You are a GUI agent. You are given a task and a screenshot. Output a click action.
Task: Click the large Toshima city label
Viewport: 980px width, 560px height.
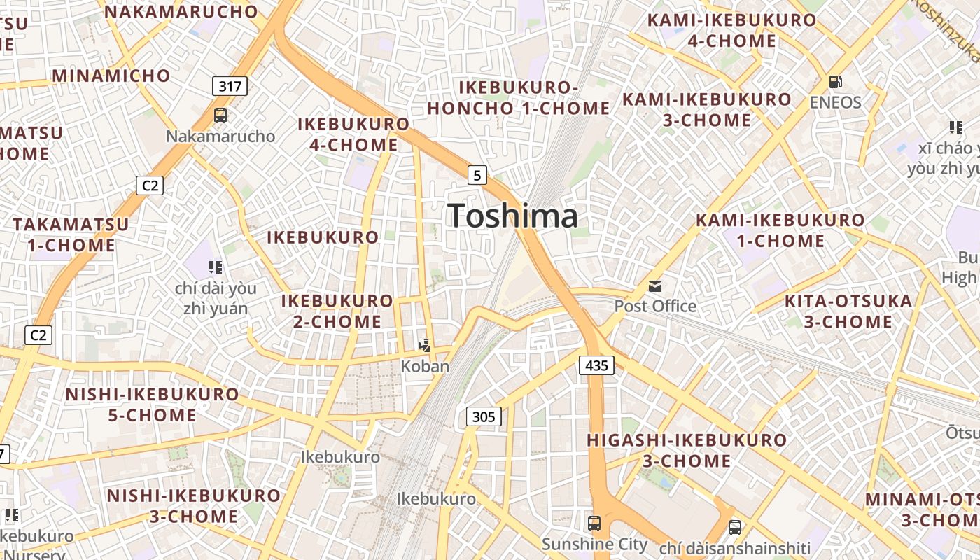click(x=513, y=216)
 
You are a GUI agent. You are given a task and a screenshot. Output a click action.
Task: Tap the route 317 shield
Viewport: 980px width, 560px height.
click(x=230, y=86)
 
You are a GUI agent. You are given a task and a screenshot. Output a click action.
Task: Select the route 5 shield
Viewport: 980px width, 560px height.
click(x=477, y=174)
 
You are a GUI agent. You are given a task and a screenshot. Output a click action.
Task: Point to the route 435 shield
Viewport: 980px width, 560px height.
click(x=596, y=365)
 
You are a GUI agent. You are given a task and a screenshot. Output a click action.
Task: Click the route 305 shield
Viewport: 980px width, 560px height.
click(x=483, y=417)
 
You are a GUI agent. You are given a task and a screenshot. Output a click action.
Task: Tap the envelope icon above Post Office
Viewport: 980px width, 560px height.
click(x=655, y=286)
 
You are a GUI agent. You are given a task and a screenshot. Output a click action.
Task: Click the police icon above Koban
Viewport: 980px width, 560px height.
click(x=424, y=345)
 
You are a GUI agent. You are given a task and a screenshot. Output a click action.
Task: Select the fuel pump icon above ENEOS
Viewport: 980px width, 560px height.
click(x=835, y=81)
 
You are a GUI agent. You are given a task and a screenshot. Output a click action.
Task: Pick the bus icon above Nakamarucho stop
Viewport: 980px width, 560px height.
click(x=220, y=115)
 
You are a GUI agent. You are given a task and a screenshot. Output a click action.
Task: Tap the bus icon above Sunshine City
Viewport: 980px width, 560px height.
click(x=594, y=522)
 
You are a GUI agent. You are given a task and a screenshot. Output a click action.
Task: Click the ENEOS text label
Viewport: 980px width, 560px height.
click(x=835, y=102)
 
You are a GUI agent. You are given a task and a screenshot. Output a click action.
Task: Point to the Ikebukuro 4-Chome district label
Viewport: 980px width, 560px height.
click(x=353, y=134)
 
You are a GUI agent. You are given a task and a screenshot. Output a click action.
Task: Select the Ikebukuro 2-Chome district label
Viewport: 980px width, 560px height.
click(x=337, y=311)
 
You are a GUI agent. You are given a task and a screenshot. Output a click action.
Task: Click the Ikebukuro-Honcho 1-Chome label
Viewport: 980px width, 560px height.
click(x=519, y=98)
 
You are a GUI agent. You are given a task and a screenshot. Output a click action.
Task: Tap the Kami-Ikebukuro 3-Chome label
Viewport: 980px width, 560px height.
click(x=706, y=110)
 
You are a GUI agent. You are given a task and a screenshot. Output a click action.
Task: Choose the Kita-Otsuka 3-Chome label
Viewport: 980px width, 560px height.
click(x=848, y=311)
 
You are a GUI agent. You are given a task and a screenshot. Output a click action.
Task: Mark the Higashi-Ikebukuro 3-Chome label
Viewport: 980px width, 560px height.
click(x=687, y=450)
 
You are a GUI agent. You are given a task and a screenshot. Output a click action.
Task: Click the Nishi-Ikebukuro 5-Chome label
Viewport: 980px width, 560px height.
click(x=152, y=405)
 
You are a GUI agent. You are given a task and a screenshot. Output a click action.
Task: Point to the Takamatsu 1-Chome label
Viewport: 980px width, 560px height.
click(x=71, y=235)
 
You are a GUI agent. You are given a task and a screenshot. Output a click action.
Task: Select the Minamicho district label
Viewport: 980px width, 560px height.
click(x=111, y=76)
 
